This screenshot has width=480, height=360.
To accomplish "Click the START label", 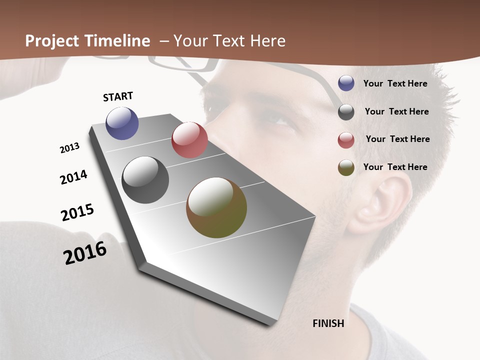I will (118, 96).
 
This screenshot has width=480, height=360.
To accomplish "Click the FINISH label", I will (328, 323).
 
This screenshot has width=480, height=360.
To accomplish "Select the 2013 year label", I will (69, 148).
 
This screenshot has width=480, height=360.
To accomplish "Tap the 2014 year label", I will (74, 177).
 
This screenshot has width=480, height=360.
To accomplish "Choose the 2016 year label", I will (85, 253).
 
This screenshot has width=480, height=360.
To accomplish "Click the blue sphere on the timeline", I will (122, 123).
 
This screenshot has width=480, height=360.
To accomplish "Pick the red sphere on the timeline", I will (189, 140).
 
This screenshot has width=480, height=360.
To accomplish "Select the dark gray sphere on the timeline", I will (145, 180).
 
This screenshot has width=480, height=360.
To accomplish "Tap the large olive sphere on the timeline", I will (216, 207).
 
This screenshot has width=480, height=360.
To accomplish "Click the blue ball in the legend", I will (346, 83).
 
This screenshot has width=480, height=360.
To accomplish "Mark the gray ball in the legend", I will (346, 112).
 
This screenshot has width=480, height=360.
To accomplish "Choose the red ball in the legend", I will (346, 140).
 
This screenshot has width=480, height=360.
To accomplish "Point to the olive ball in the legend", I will (346, 167).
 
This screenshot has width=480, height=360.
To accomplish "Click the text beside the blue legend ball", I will (395, 83).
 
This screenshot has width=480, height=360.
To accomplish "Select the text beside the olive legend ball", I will (395, 167).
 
